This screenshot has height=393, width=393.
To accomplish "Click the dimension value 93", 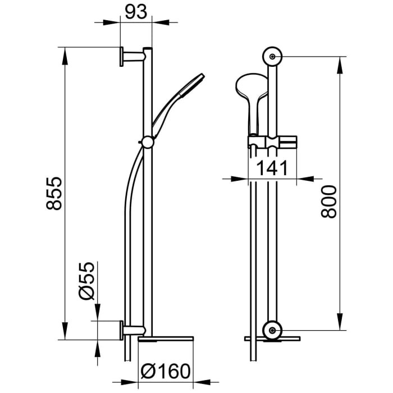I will coord(136,12).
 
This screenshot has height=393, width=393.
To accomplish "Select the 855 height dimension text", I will coord(54,194).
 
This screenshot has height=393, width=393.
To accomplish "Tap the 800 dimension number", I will coord(330,202).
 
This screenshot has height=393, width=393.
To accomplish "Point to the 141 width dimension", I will coord(272,168).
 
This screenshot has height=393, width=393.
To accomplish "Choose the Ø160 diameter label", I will coord(166,372).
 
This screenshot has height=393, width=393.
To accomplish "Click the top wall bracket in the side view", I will coord(130,56).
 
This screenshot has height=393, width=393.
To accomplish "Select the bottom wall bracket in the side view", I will coord(130,330).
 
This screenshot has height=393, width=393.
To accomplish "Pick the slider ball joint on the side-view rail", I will coord(147,142).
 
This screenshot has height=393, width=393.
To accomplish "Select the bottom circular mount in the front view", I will coord(273,330).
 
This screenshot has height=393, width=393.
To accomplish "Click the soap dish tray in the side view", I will coord(166,339).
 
